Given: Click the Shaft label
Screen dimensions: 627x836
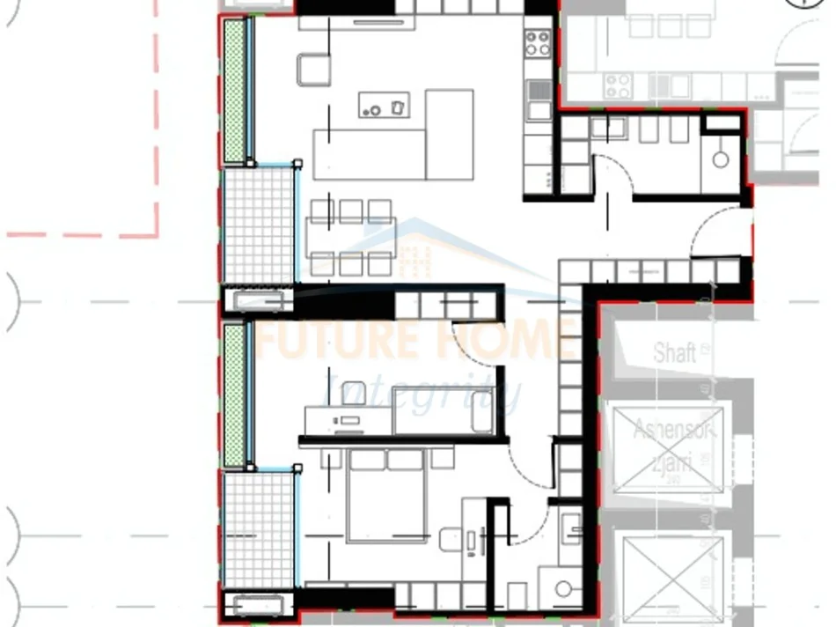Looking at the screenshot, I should pyautogui.click(x=675, y=353).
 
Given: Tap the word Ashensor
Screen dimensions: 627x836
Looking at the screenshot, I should pyautogui.click(x=674, y=432).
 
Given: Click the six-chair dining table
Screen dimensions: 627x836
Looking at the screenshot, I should pyautogui.click(x=351, y=238).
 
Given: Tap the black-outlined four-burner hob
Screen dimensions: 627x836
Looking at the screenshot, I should pyautogui.click(x=538, y=43).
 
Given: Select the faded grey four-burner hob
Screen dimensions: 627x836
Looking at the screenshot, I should pyautogui.click(x=618, y=85).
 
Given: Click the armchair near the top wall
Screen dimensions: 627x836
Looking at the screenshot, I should pyautogui.click(x=313, y=69).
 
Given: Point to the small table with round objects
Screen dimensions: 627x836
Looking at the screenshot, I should pyautogui.click(x=384, y=105).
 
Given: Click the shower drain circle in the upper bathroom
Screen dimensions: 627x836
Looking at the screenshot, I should pyautogui.click(x=721, y=159).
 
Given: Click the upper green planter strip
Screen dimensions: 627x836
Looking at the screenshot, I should pyautogui.click(x=234, y=92).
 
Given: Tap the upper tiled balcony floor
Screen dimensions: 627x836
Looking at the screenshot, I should pyautogui.click(x=258, y=225).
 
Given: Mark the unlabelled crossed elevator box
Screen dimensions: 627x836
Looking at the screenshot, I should pyautogui.click(x=672, y=569).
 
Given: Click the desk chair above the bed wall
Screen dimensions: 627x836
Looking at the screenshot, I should pyautogui.click(x=355, y=392).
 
